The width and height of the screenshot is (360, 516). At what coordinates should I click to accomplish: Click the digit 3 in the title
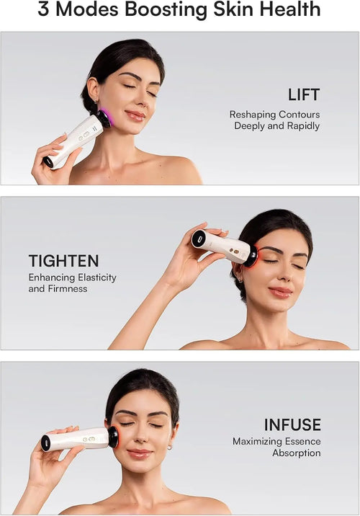pos(45,10)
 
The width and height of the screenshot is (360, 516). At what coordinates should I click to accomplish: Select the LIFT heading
pos(303,95)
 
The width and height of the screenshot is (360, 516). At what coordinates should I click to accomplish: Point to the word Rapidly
pos(302,126)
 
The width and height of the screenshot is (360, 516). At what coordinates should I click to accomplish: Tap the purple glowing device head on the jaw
pos(105,115)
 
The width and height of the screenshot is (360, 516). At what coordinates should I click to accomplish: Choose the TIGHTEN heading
pos(63,261)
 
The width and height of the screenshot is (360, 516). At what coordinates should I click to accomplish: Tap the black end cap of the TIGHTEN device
pos(199,239)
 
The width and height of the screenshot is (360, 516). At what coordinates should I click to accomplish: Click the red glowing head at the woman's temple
pos(251,256)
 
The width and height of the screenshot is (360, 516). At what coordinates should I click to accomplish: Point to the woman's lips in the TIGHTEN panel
pos(280,292)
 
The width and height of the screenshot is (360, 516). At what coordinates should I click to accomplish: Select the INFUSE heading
pos(292,424)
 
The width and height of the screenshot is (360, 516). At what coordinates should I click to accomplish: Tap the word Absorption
pos(296,453)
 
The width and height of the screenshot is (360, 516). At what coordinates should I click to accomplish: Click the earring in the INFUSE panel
pos(170,448)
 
